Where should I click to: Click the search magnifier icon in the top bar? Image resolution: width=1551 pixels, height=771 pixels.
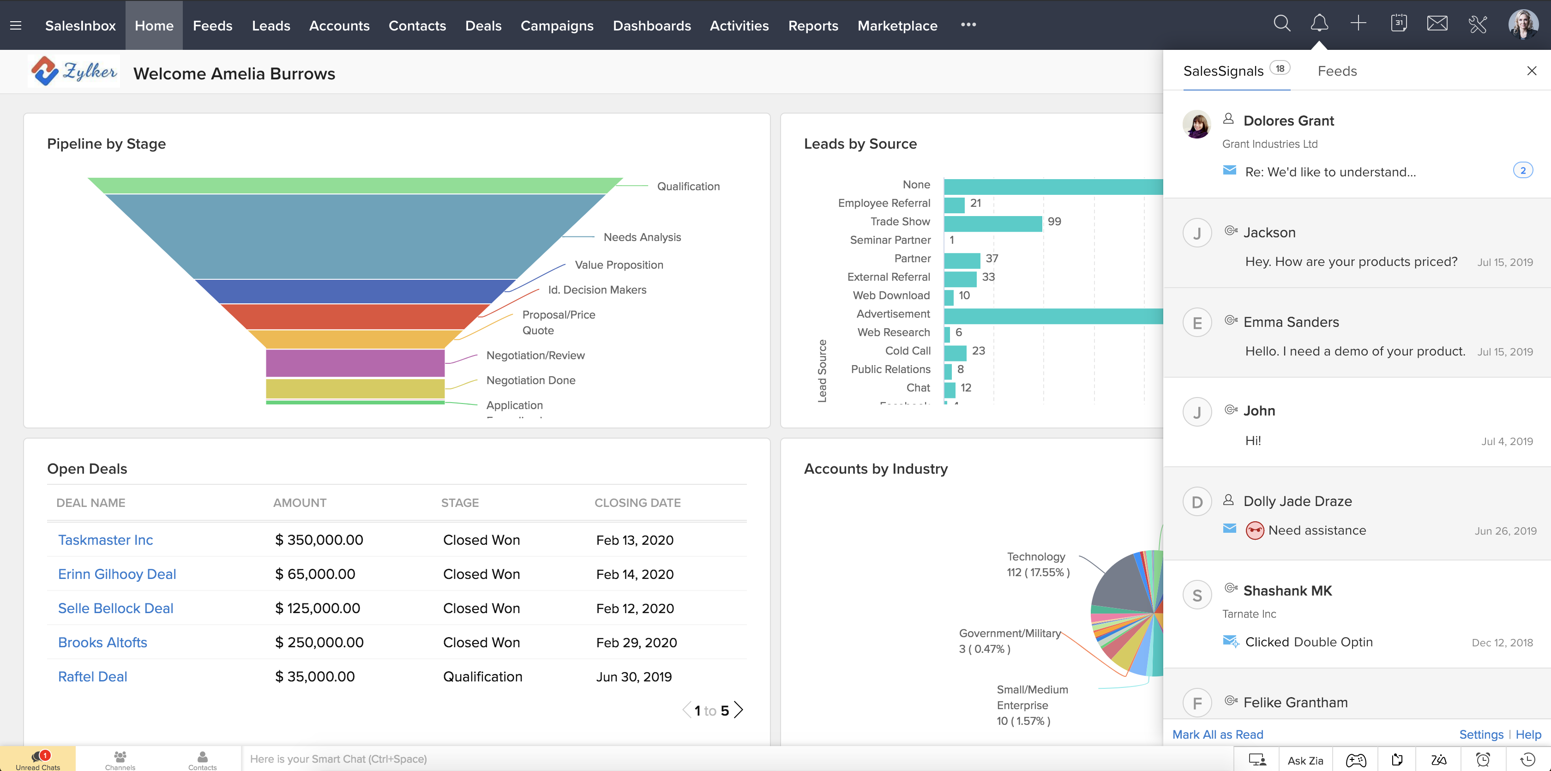(1282, 24)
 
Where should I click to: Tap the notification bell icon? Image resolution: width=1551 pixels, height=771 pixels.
(1319, 24)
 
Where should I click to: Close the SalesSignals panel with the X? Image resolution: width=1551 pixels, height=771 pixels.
(1532, 71)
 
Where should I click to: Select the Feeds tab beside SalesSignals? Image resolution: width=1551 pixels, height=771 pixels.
(1337, 71)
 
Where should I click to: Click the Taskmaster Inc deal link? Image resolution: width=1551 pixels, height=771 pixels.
(105, 540)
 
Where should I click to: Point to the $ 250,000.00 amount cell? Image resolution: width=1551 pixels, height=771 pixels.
(319, 642)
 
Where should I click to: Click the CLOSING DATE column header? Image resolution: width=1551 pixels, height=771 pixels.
(637, 502)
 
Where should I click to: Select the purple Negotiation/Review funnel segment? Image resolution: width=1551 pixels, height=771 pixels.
(355, 362)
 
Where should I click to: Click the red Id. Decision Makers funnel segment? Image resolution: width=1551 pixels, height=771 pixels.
(355, 316)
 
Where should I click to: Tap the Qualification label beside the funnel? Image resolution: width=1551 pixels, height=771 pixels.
(688, 186)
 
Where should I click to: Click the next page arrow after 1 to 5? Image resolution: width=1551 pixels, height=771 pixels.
(739, 710)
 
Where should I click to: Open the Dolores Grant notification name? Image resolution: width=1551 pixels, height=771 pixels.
(1288, 120)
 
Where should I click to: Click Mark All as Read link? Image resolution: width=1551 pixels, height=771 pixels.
(1217, 734)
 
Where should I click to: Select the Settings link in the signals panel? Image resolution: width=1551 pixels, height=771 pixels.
(1480, 734)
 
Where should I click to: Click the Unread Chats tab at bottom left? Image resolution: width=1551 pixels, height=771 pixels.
(38, 759)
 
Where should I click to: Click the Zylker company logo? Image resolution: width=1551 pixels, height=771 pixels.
(73, 72)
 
